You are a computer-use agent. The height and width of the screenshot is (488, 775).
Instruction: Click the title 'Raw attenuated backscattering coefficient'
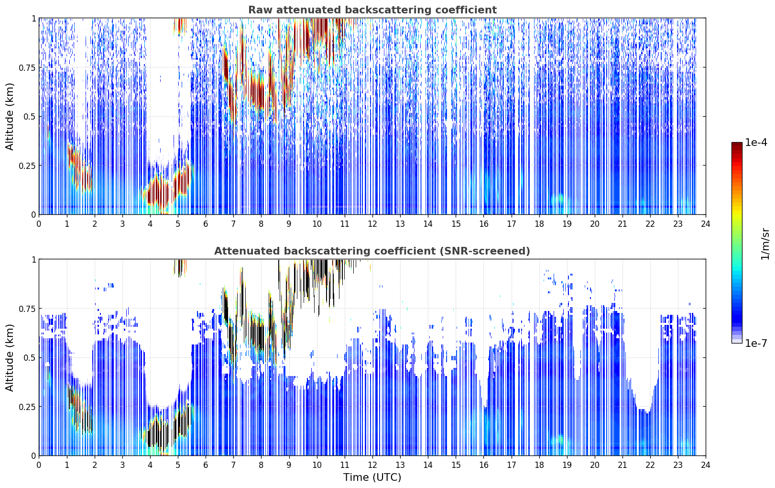(372, 10)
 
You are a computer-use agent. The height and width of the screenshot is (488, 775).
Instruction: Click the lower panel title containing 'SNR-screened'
(372, 251)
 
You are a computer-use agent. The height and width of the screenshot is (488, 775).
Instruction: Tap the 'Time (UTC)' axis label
(372, 477)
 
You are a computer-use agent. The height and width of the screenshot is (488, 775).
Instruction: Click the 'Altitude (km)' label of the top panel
(10, 117)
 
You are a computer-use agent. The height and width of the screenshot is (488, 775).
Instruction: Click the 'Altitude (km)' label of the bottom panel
(10, 358)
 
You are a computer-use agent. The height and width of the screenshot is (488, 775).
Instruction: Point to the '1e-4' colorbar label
(756, 143)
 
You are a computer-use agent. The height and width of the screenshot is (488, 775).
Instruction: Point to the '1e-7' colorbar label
(756, 344)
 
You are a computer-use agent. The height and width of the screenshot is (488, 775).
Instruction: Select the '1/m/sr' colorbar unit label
(765, 244)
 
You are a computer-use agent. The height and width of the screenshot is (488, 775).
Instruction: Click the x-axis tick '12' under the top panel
(372, 224)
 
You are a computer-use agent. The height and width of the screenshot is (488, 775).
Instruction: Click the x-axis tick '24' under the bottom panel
(706, 465)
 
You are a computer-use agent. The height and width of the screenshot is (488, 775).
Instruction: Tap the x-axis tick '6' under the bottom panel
(206, 465)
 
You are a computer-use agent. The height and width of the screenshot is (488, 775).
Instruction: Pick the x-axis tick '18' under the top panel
(539, 224)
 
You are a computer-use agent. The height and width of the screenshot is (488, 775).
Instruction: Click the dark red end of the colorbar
(737, 144)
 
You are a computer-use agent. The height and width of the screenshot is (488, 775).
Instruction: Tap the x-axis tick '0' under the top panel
(39, 224)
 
